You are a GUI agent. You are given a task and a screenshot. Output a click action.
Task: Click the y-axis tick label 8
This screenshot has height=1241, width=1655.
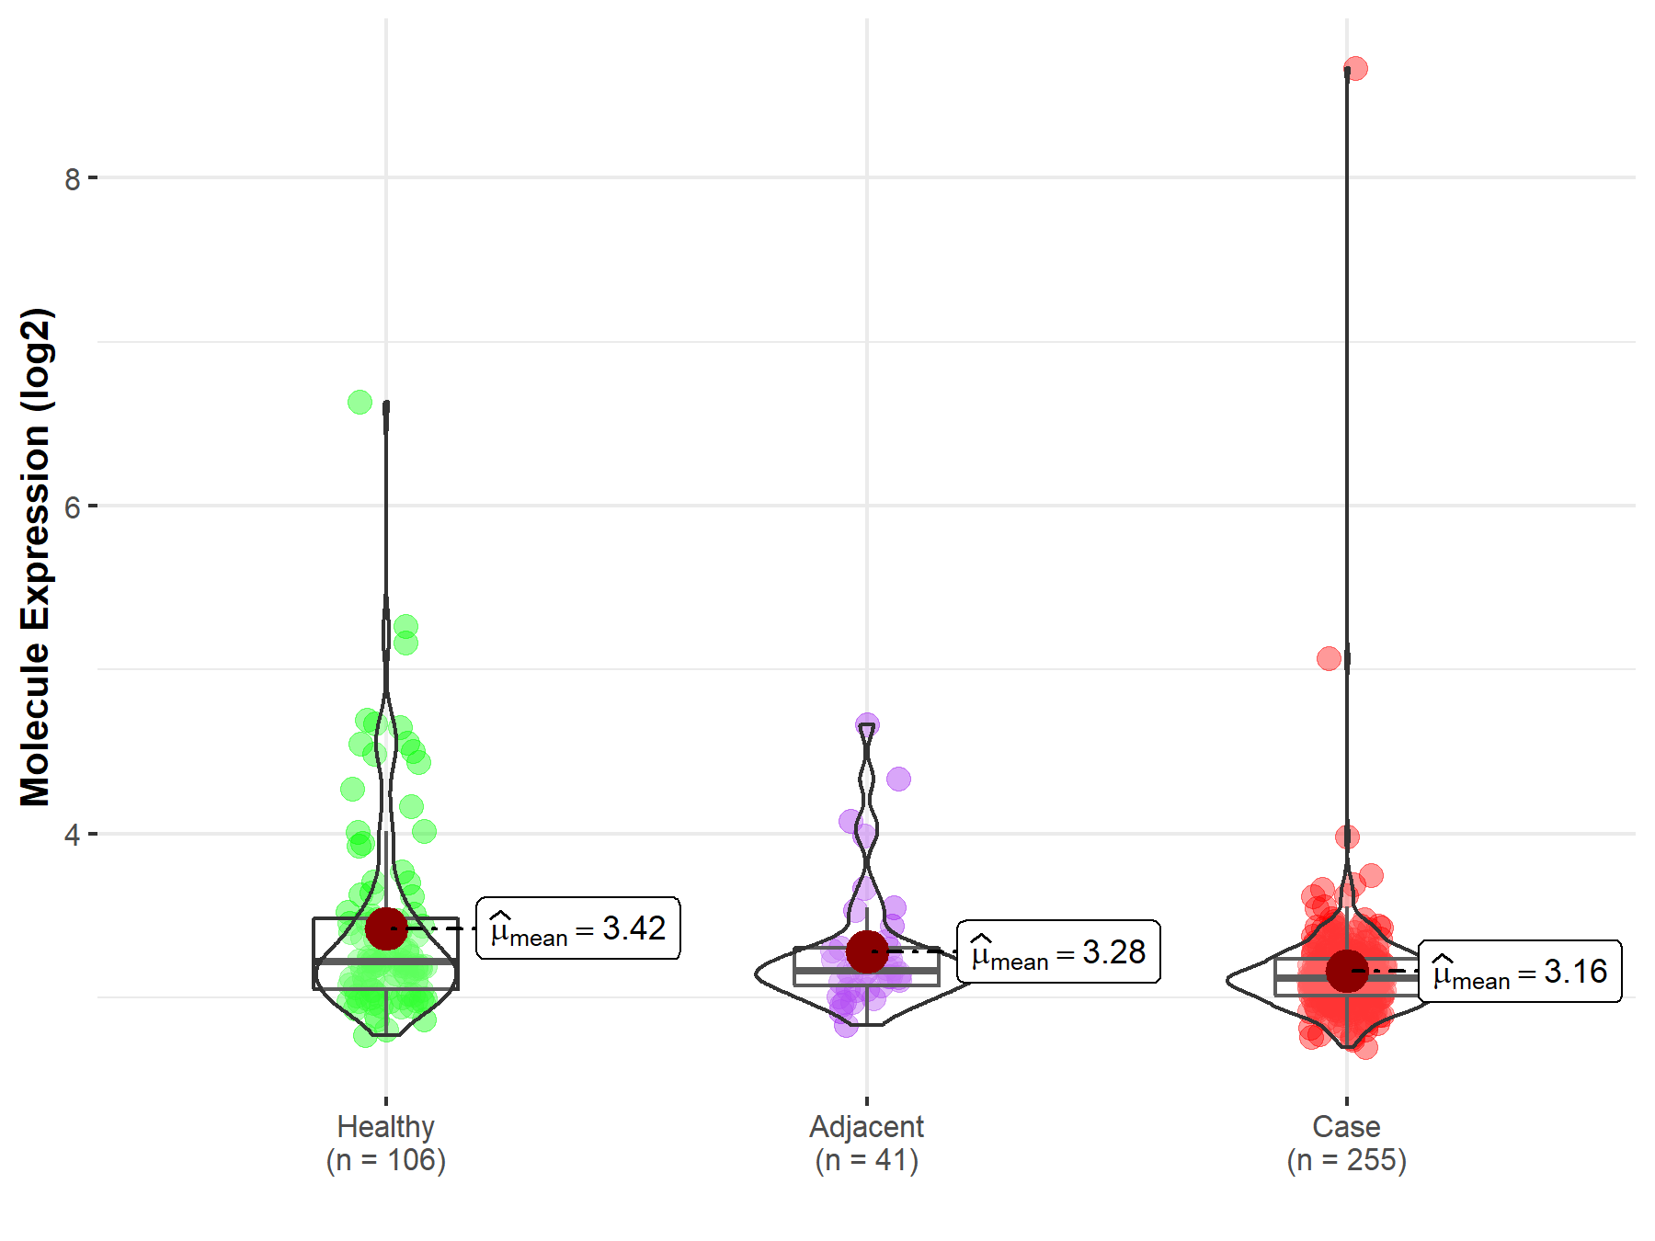click(x=73, y=179)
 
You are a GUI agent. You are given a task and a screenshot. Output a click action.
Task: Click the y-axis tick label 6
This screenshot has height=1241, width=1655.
click(x=73, y=507)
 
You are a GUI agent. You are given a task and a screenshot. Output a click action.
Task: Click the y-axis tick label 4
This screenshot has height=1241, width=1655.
click(x=73, y=836)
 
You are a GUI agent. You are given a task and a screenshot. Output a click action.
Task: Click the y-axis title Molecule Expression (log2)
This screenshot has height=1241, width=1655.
click(x=35, y=557)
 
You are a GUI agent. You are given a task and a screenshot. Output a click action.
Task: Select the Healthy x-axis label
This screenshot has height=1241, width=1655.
click(x=385, y=1127)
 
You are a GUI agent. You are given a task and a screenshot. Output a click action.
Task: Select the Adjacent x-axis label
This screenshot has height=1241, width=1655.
click(x=866, y=1127)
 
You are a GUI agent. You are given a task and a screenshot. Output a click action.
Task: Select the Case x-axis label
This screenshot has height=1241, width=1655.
click(x=1346, y=1127)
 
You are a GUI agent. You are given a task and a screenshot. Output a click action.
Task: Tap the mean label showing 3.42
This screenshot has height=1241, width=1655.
click(x=578, y=928)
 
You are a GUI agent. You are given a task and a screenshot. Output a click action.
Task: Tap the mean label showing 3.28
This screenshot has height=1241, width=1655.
click(x=1058, y=951)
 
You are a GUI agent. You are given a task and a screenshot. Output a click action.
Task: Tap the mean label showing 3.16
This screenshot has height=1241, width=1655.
click(x=1520, y=971)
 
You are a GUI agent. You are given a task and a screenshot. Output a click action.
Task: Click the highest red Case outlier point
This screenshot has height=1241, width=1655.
click(x=1355, y=69)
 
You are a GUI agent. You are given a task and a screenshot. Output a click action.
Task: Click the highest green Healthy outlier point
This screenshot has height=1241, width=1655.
click(x=360, y=402)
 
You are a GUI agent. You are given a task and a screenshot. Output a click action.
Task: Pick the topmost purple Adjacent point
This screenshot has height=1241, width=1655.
click(x=867, y=724)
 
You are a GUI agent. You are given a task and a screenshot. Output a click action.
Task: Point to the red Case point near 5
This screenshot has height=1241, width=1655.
click(x=1329, y=658)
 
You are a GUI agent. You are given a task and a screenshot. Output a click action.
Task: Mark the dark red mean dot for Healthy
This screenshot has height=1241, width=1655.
click(x=386, y=928)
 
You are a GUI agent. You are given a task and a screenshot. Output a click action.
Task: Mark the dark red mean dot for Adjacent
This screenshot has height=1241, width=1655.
click(x=867, y=951)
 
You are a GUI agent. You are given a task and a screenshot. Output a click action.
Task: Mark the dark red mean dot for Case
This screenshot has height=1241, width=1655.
click(x=1347, y=971)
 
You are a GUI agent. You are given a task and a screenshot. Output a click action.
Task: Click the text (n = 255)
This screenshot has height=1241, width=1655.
click(x=1346, y=1160)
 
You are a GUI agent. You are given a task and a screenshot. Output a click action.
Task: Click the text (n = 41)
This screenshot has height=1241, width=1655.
click(x=866, y=1160)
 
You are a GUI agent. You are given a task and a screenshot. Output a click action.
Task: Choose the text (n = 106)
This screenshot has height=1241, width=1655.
click(x=385, y=1160)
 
